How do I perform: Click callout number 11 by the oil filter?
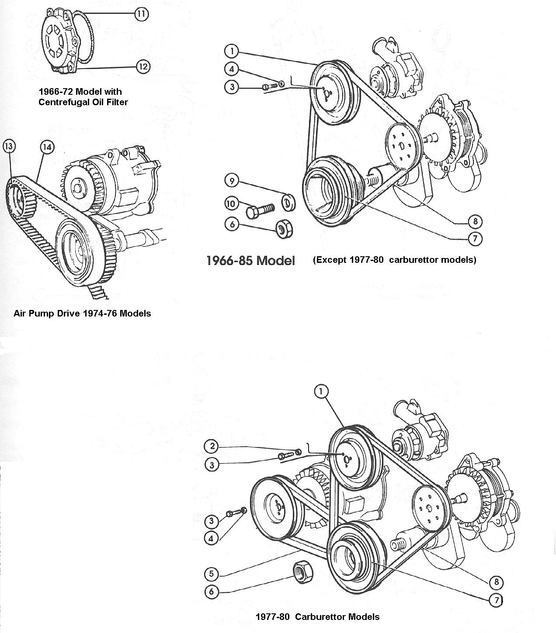(x=141, y=14)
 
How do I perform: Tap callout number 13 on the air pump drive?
(x=9, y=146)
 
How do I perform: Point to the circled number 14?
(x=47, y=147)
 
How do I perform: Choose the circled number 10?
(x=232, y=203)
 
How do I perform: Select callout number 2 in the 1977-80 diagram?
(x=212, y=446)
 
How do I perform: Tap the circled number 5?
(x=212, y=573)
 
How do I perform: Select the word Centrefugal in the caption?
(x=62, y=102)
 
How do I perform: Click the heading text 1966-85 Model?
(x=250, y=261)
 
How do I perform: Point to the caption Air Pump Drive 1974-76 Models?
(x=82, y=313)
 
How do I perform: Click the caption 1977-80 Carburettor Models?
(x=317, y=616)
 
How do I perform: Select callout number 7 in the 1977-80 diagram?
(x=496, y=600)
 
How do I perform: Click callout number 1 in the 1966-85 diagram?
(x=231, y=51)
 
